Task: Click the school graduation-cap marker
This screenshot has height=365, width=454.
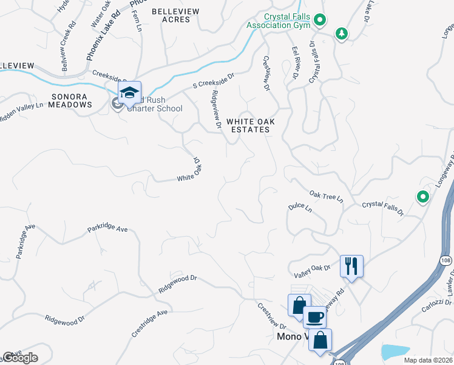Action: pos(129,94)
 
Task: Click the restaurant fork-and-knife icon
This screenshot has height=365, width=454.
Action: pos(351,266)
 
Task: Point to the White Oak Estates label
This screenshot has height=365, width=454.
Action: pos(251,125)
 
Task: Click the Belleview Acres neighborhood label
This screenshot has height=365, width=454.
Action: pos(171,15)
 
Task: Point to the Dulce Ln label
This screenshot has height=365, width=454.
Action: pos(300,207)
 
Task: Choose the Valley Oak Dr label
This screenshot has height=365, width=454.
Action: pos(312,271)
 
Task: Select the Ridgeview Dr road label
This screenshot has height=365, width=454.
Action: pos(215,109)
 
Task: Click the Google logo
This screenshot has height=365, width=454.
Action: pos(19,358)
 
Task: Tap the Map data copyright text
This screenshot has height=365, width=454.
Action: pos(428,360)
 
